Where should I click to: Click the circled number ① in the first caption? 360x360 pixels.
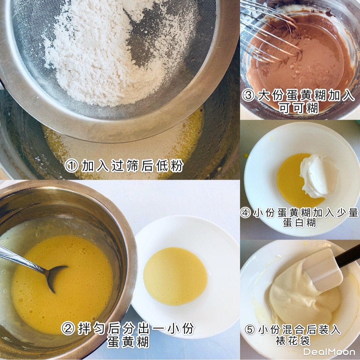pyautogui.click(x=71, y=166)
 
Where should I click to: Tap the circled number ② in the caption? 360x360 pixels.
pyautogui.click(x=68, y=329)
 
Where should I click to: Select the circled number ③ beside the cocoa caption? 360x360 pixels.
pyautogui.click(x=248, y=95)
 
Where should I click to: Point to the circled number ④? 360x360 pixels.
pyautogui.click(x=245, y=213)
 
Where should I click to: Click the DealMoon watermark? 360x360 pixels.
pyautogui.click(x=329, y=352)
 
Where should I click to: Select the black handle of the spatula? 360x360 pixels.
pyautogui.click(x=348, y=255)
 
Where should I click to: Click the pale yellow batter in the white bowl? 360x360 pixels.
pyautogui.click(x=175, y=276)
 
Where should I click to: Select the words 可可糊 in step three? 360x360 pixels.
pyautogui.click(x=299, y=108)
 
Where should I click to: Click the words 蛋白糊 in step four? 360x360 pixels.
pyautogui.click(x=299, y=223)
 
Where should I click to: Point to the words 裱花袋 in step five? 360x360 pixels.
pyautogui.click(x=293, y=340)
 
